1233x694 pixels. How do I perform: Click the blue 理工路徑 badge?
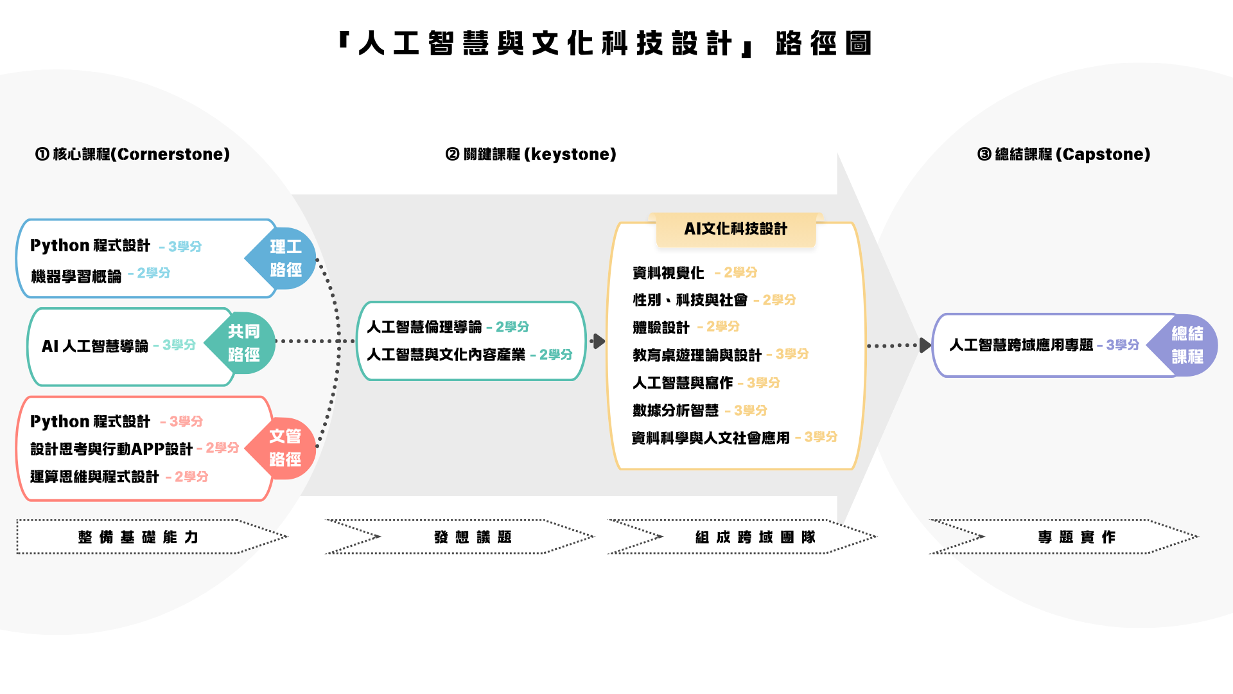(285, 258)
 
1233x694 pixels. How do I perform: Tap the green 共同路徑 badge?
(243, 343)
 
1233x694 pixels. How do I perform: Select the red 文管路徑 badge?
(284, 448)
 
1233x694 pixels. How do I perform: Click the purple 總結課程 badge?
(1187, 345)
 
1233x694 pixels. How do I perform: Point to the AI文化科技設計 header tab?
(735, 229)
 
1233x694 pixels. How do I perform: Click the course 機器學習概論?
(76, 276)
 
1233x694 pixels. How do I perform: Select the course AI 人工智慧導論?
(95, 346)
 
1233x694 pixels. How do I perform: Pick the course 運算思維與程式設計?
(94, 477)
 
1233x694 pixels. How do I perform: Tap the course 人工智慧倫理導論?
(424, 327)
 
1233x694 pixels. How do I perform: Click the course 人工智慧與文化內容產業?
(446, 355)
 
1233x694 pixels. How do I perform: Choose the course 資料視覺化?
(668, 273)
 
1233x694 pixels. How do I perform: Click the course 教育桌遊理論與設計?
(697, 355)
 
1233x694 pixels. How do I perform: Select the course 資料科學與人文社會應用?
(710, 438)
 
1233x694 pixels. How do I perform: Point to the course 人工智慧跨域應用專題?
(1021, 345)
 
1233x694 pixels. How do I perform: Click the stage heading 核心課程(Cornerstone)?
(132, 154)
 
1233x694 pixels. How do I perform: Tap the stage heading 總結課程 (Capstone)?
(1064, 154)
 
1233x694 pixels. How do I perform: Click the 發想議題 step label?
(473, 537)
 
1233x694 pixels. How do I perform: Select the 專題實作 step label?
(1076, 537)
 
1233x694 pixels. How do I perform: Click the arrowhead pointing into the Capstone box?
(925, 346)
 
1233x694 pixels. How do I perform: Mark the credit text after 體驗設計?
(722, 327)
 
